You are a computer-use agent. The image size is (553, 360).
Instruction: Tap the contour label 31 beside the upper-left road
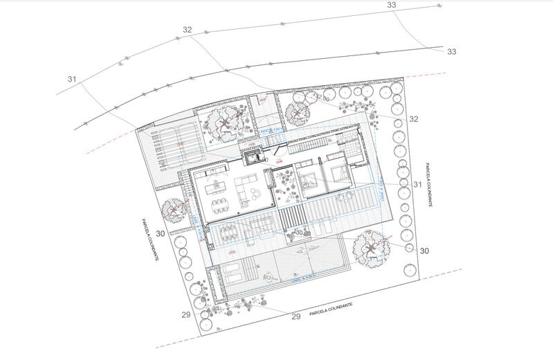72,79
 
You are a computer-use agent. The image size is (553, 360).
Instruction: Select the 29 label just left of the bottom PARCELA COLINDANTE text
296,316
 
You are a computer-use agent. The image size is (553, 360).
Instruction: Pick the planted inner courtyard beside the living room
284,181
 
